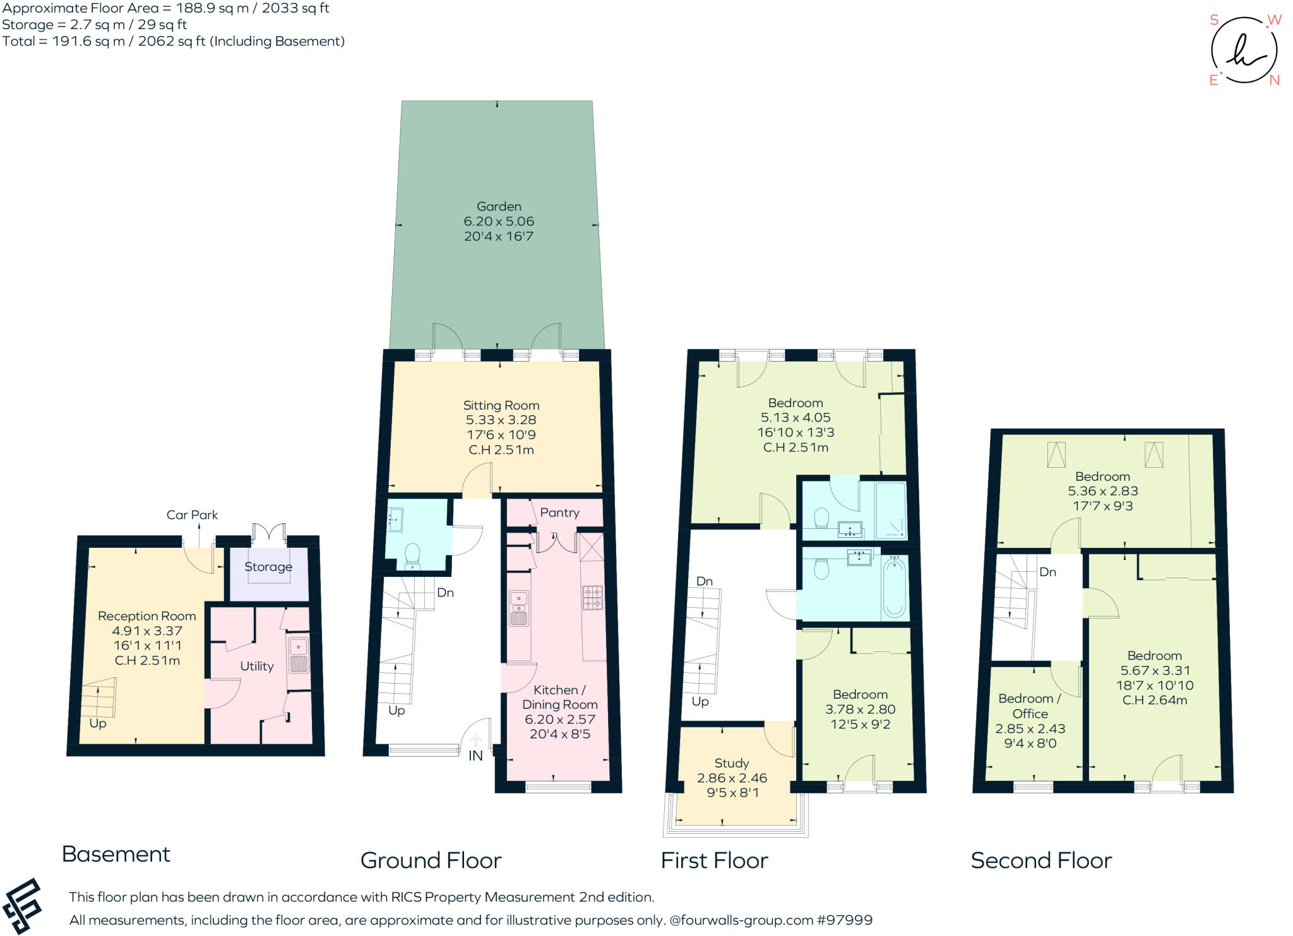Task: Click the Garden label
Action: point(499,206)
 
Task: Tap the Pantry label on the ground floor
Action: point(559,512)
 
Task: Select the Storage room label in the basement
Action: point(268,567)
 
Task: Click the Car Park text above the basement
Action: point(192,515)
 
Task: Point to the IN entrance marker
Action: point(475,755)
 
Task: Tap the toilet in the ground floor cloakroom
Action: point(412,555)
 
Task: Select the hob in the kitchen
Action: point(592,597)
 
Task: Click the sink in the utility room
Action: point(298,655)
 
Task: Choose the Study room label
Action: point(732,763)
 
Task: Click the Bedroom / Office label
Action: point(1030,706)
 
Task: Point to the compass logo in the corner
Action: point(1244,50)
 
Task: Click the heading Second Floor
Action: point(1041,860)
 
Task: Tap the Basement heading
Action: point(116,854)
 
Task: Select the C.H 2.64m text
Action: point(1154,700)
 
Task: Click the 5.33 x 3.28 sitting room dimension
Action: point(501,420)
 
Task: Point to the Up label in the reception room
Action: point(98,723)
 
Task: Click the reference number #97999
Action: point(845,920)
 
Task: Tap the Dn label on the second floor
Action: point(1047,572)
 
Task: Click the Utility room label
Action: point(256,666)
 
